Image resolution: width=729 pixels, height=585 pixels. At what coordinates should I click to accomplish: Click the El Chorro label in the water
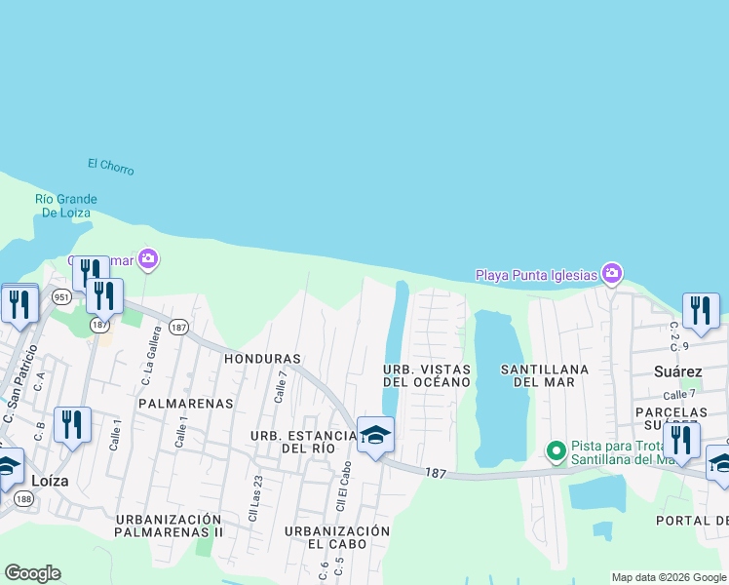(x=110, y=167)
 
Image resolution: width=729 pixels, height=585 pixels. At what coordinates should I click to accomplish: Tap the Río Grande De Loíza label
(x=62, y=205)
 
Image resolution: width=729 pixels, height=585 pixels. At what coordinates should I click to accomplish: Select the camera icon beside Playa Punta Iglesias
(x=612, y=273)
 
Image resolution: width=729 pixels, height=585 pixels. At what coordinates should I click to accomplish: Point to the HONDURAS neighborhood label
(x=262, y=359)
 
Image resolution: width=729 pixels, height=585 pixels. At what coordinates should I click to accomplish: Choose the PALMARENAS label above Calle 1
(x=186, y=403)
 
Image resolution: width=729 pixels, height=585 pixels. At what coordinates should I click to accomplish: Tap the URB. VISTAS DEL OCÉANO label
(x=427, y=376)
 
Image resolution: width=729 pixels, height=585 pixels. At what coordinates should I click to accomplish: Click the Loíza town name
(x=49, y=481)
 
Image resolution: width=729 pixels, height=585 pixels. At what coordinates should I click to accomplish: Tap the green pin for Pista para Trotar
(x=556, y=450)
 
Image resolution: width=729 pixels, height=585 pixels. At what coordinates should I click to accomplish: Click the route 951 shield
(x=61, y=296)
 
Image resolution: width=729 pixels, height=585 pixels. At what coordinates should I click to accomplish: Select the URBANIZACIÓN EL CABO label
(x=337, y=537)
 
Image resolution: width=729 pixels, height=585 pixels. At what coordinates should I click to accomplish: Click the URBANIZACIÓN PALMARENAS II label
(x=169, y=526)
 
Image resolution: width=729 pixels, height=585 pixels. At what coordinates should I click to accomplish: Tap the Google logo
(x=32, y=573)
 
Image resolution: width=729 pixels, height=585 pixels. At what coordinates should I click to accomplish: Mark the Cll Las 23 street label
(x=254, y=497)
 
